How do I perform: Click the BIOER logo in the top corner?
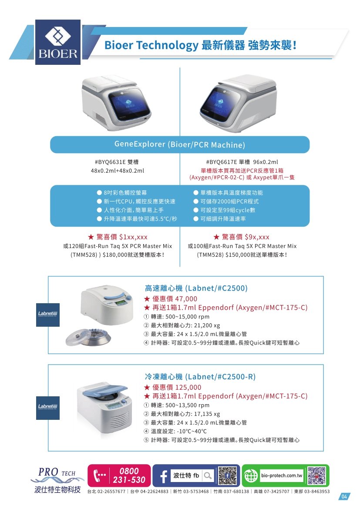[58, 42]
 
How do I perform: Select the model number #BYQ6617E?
[221, 162]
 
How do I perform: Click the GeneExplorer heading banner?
[180, 144]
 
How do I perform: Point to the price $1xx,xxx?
[133, 237]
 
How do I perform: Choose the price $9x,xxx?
[257, 237]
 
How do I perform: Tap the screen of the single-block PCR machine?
[221, 104]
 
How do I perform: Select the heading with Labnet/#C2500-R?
[200, 377]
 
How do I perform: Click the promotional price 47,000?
[186, 298]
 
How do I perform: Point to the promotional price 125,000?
[188, 387]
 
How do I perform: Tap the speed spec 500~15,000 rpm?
[188, 317]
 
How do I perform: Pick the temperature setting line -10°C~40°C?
[192, 432]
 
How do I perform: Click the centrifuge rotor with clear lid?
[88, 337]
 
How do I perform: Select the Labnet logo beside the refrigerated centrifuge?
[48, 408]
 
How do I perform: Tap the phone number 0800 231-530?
[129, 476]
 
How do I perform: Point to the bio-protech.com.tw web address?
[282, 476]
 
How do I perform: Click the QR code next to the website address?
[317, 476]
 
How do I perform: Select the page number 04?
[344, 497]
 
